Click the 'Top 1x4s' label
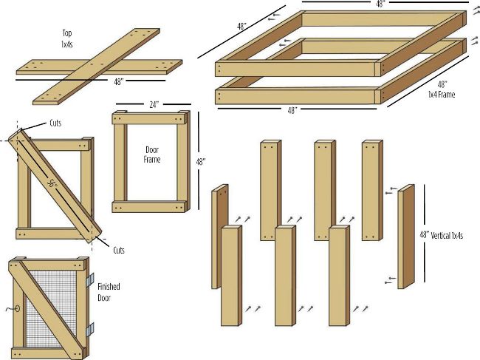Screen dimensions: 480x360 point(67,38)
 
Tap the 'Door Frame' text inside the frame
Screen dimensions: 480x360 point(152,154)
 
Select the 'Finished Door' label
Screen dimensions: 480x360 point(109,292)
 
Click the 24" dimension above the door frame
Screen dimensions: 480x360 point(154,105)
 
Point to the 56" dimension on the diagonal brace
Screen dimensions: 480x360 point(52,183)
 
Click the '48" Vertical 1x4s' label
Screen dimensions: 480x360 point(441,235)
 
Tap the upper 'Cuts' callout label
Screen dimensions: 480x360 point(55,123)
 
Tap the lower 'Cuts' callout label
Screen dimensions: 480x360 point(119,251)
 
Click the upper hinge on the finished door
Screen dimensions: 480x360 point(90,279)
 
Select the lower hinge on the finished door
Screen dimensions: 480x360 point(90,330)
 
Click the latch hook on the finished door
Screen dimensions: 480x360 point(13,308)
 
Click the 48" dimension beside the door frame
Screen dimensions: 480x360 point(201,161)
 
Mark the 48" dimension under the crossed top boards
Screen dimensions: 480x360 point(119,82)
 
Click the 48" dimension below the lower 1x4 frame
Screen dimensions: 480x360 point(292,110)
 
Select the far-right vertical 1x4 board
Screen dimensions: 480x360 point(406,237)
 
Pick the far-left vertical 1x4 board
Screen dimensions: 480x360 point(220,237)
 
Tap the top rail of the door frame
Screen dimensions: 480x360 point(149,119)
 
